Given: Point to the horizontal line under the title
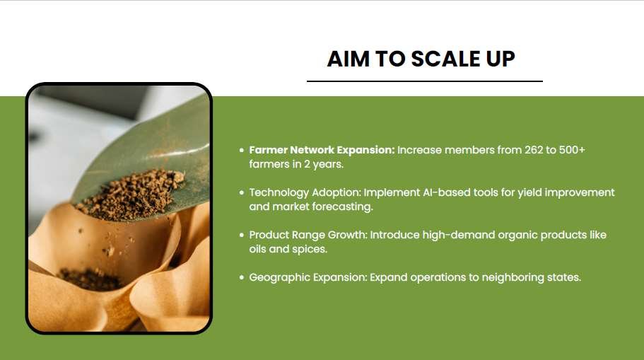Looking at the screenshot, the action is click(x=425, y=81).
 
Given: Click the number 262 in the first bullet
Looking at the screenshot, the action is click(x=534, y=150).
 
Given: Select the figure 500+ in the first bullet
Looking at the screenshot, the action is click(x=572, y=150).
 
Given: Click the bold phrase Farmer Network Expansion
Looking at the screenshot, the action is click(x=322, y=150).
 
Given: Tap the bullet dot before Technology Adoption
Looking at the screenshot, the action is click(x=242, y=193).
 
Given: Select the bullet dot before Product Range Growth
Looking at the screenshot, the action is click(x=242, y=235).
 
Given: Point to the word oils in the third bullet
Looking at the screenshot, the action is click(x=257, y=249).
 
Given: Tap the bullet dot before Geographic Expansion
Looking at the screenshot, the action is click(x=242, y=277).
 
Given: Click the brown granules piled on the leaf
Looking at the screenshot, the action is click(x=131, y=193).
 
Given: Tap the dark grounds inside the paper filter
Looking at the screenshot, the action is click(x=90, y=278).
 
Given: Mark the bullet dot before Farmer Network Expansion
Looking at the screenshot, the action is click(x=242, y=151).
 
